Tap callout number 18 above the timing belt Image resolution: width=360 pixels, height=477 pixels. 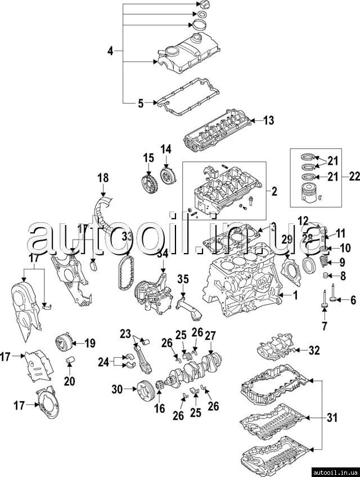(x=102, y=178)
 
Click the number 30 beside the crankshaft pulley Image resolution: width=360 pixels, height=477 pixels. (x=117, y=388)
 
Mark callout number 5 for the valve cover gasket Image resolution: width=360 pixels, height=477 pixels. (x=141, y=103)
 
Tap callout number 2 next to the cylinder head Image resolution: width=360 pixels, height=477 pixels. (x=274, y=192)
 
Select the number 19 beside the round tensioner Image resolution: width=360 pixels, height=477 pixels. (x=90, y=342)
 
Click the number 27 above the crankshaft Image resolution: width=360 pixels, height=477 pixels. (x=210, y=336)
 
